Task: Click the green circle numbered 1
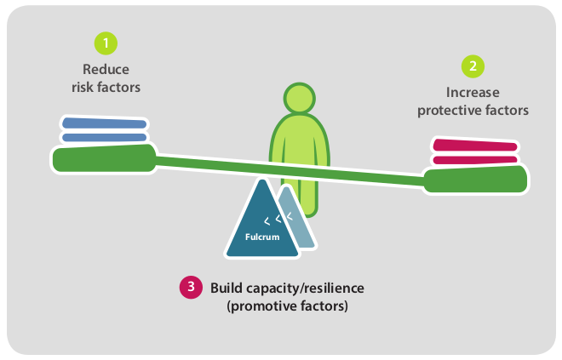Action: point(105,43)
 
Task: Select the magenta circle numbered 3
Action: point(189,287)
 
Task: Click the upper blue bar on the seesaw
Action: point(104,124)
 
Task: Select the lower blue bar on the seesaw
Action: point(104,137)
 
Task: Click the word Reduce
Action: point(106,69)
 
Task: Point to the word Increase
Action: point(473,92)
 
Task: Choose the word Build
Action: point(227,288)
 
